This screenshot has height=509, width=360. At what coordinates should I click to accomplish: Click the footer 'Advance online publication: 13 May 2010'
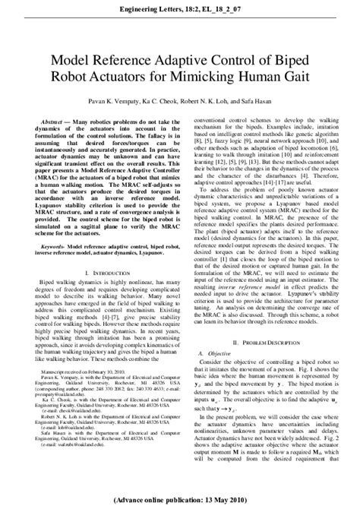(x=180, y=501)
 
